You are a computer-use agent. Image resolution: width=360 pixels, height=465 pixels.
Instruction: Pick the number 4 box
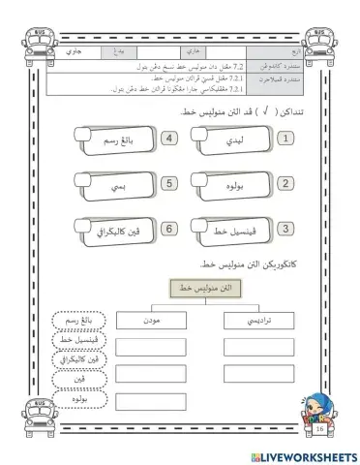(170, 139)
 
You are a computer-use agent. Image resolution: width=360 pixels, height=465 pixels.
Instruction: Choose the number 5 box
(170, 183)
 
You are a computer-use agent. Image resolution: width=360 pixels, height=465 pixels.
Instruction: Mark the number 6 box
(170, 228)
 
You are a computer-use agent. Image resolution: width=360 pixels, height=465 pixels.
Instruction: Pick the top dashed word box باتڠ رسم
(75, 320)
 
